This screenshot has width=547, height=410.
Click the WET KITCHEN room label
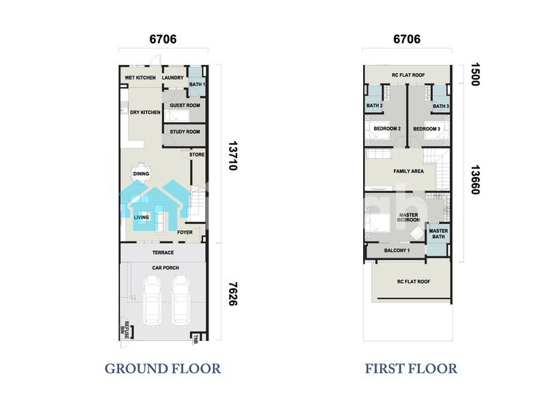click(140, 78)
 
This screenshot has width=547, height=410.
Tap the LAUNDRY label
click(173, 78)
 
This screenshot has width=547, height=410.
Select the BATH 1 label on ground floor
click(197, 84)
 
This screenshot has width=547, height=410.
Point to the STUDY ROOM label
click(185, 132)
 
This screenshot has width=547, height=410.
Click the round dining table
click(141, 174)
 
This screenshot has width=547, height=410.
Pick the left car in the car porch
click(152, 300)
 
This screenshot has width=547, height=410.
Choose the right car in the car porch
click(181, 300)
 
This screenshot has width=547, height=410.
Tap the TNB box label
click(196, 339)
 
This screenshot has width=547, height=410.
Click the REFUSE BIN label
click(124, 330)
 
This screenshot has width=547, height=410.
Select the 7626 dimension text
click(232, 294)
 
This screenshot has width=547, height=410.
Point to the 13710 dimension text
click(232, 156)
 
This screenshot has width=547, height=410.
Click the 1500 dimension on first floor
click(475, 74)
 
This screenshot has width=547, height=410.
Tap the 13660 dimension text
click(475, 180)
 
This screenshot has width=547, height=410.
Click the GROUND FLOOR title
click(163, 368)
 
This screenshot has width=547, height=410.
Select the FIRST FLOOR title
click(411, 368)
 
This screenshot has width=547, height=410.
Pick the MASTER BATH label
click(438, 234)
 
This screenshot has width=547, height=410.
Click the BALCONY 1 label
click(397, 250)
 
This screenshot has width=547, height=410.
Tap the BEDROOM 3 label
click(427, 128)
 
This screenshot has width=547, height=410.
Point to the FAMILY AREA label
click(408, 172)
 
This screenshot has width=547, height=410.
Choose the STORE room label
click(197, 154)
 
